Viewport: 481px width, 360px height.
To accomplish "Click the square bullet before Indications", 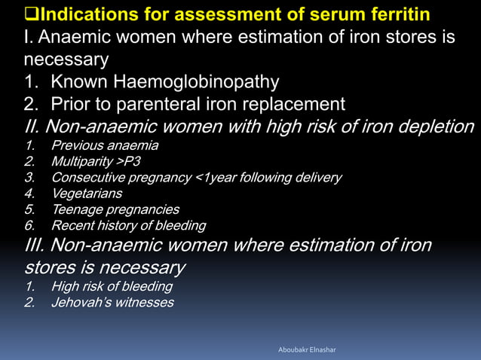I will coord(32,14).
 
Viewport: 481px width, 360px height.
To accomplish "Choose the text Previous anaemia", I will coord(105,145).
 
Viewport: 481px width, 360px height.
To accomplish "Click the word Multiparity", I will coord(86,161).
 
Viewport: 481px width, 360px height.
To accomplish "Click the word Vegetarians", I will coord(87,194).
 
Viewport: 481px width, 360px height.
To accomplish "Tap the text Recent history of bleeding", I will coord(128,225).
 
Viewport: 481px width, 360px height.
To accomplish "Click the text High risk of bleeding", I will coord(112,286).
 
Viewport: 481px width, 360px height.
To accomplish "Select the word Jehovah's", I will coord(81,303).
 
